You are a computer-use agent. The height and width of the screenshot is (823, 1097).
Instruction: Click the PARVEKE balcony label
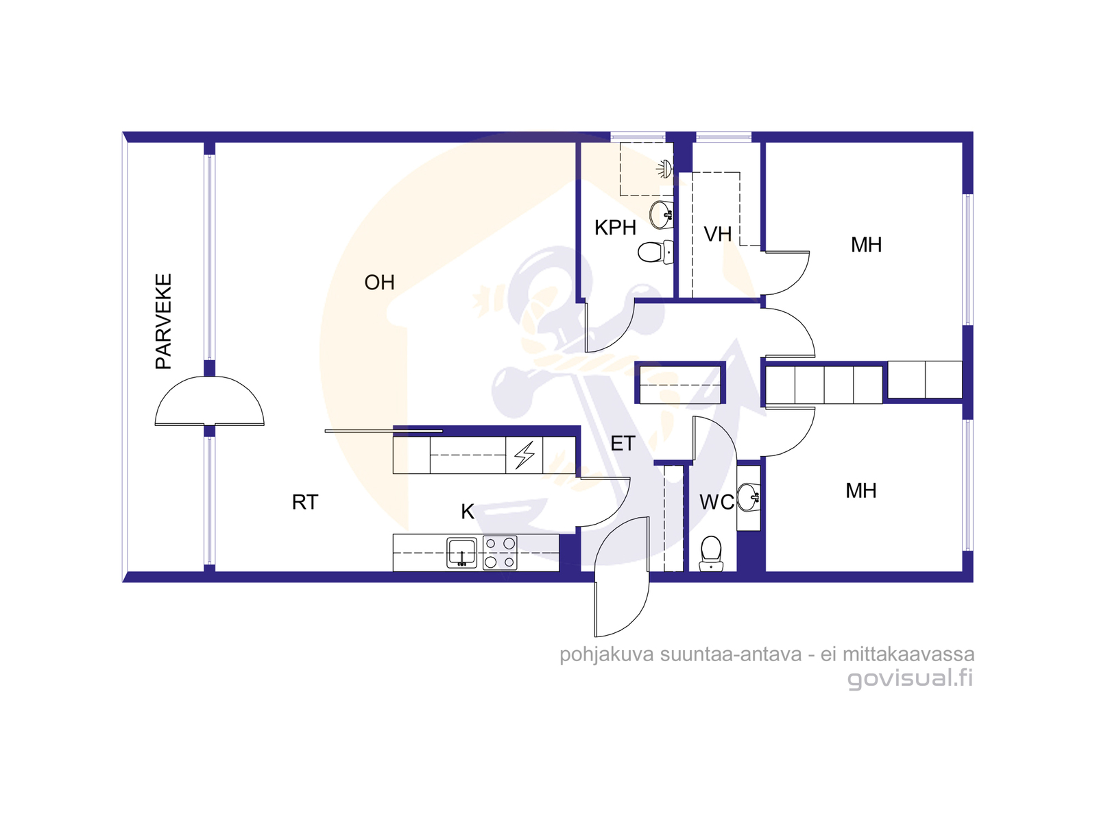point(163,321)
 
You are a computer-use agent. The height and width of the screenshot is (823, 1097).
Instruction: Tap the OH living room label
point(379,283)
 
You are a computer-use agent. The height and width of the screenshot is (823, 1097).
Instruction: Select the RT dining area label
point(305,502)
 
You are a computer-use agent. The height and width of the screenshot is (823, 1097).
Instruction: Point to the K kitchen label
point(468,512)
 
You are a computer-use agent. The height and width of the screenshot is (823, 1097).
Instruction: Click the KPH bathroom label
point(615,228)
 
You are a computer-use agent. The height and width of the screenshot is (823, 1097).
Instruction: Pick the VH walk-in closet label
point(718,235)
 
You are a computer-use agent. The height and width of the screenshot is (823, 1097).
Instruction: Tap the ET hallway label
point(623,443)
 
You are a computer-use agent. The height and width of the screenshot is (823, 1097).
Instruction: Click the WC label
point(716,502)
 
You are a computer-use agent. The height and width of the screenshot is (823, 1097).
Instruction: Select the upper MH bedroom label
point(867,245)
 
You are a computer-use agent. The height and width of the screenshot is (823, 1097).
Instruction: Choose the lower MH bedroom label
point(861,490)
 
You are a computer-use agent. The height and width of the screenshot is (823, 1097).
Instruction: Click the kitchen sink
point(462,552)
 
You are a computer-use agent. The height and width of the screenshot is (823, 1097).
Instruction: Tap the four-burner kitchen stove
point(500,553)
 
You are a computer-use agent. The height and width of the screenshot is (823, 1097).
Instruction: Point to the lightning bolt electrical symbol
point(525,455)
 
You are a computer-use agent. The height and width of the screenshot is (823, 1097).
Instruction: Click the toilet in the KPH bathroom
point(655,252)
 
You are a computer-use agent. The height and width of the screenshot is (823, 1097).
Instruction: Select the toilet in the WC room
point(711,553)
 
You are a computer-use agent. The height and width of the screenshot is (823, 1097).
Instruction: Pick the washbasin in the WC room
point(749,497)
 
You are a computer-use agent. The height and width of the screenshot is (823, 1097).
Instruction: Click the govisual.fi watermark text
point(910,678)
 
